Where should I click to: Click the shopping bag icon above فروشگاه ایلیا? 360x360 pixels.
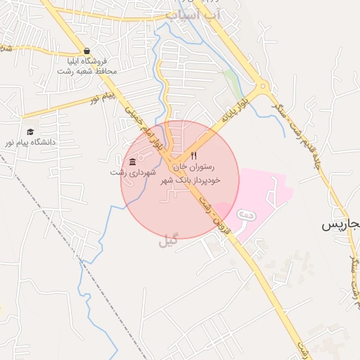pos(86,51)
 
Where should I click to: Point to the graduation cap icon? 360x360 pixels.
pos(30,132)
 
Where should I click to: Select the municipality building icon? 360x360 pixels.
pos(133,162)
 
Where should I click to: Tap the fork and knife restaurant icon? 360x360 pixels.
pos(194,155)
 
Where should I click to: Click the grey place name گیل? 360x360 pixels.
pos(167,240)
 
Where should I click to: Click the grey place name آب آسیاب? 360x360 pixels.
pos(194,14)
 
